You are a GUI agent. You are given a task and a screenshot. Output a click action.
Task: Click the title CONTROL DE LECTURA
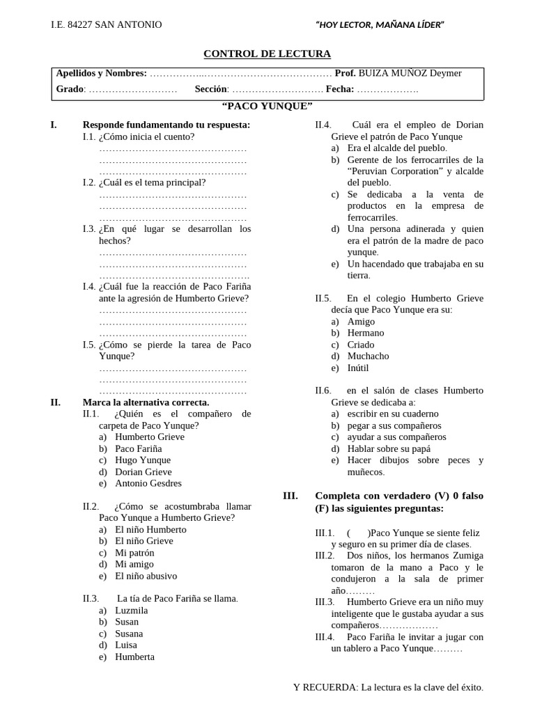[267, 54]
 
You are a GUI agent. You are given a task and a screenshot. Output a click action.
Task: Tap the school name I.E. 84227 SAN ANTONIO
[106, 25]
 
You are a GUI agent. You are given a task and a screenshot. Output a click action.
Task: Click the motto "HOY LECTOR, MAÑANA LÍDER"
[380, 26]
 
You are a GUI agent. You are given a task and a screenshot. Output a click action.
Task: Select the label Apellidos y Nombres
[101, 73]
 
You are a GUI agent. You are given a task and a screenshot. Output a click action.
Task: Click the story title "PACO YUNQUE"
[267, 106]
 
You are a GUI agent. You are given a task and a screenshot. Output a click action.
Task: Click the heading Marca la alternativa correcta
[146, 402]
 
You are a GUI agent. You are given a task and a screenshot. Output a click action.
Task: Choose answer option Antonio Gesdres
[148, 483]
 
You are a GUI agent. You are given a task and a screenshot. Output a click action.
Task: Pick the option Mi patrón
[134, 553]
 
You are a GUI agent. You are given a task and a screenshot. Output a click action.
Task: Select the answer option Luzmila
[132, 611]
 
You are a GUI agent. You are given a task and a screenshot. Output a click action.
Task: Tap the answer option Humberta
[134, 657]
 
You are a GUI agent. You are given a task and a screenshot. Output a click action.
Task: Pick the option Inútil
[358, 368]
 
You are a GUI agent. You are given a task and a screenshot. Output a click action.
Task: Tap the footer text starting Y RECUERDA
[388, 687]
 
